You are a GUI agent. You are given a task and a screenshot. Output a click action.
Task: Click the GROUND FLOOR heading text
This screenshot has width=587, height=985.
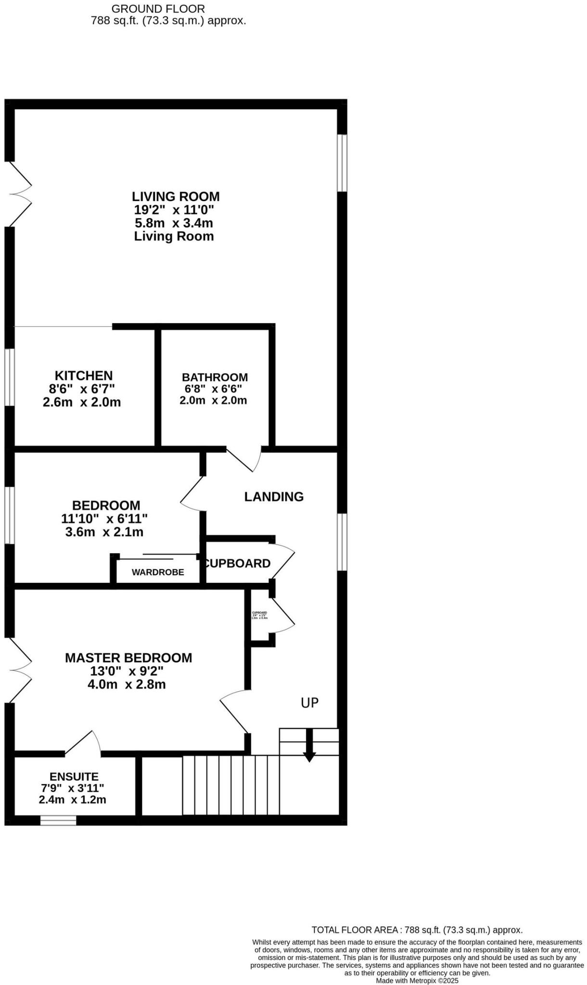158,9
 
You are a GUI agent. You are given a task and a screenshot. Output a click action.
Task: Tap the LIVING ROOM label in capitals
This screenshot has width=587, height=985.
176,197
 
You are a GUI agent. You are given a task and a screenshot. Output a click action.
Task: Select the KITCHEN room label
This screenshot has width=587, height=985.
84,375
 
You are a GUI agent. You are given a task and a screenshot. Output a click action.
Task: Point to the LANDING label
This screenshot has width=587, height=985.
274,496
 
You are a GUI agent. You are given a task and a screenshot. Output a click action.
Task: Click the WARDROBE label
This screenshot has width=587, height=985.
158,572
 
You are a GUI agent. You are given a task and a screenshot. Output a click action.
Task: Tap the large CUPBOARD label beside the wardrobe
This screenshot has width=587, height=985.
237,563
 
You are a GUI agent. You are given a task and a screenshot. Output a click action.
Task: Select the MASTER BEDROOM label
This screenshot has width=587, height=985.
128,657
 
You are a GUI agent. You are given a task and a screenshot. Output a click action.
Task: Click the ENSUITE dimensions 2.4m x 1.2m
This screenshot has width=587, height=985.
72,799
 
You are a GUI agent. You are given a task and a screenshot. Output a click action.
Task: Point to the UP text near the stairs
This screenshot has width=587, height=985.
309,703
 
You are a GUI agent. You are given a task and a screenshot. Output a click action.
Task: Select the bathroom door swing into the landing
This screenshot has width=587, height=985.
244,459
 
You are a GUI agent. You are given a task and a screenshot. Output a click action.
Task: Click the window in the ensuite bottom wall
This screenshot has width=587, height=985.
58,820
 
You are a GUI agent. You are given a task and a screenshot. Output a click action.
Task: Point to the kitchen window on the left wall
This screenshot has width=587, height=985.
9,377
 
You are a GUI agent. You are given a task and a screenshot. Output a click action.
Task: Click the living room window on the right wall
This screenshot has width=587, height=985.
342,163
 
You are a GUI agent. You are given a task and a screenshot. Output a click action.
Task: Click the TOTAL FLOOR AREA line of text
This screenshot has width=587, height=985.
417,930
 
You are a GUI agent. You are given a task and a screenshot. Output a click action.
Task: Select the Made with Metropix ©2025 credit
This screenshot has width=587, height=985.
417,980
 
